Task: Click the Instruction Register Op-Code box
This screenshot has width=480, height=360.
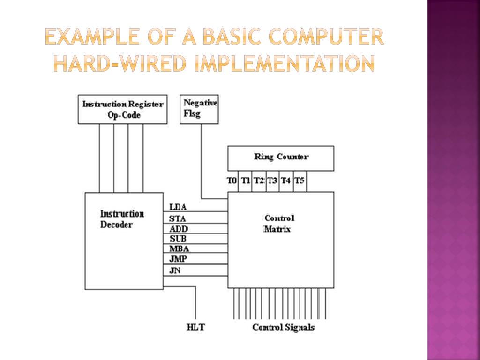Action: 123,109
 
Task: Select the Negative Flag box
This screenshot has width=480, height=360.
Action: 200,109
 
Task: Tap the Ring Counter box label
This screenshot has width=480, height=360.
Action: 281,157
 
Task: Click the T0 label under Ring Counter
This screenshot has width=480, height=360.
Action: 232,180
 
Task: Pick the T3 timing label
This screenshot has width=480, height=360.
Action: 272,180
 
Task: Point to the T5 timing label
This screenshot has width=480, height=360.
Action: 300,180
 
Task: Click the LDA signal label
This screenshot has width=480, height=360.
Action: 178,207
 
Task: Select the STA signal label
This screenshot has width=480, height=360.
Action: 178,218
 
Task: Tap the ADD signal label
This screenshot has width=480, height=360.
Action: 179,229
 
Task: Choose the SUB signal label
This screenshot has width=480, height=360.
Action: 178,239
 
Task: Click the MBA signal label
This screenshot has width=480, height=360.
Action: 179,249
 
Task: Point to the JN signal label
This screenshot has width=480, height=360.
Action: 175,270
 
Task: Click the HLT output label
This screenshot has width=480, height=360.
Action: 195,327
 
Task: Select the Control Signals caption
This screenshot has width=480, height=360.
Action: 283,327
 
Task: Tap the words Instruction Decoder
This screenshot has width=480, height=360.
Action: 122,219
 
